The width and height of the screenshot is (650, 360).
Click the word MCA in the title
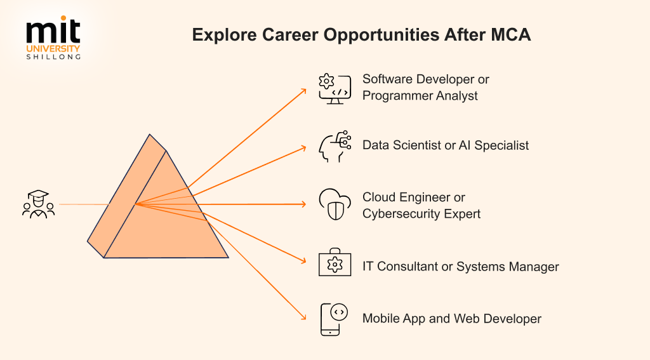(x=511, y=35)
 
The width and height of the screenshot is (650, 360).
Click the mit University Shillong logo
(x=53, y=37)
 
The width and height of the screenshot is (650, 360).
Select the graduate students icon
(x=39, y=204)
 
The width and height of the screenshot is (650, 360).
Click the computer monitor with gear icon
(x=335, y=89)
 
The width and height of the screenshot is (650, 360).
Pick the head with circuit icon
(x=335, y=147)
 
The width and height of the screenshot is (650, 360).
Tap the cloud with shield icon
(x=335, y=204)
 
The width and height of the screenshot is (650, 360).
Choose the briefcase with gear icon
(x=335, y=262)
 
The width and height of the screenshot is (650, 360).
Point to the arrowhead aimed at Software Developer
(x=304, y=90)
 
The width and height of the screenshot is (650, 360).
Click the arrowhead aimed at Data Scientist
(x=304, y=148)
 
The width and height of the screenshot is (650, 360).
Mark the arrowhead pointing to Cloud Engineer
(x=304, y=204)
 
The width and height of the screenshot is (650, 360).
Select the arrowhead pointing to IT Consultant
(x=304, y=260)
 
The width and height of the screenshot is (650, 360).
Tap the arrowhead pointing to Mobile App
(x=304, y=317)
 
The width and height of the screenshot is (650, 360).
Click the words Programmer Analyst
(x=420, y=96)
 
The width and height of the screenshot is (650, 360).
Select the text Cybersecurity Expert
(x=421, y=214)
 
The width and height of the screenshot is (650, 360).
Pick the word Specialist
(x=501, y=145)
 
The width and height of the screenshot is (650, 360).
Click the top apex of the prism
(x=150, y=135)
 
